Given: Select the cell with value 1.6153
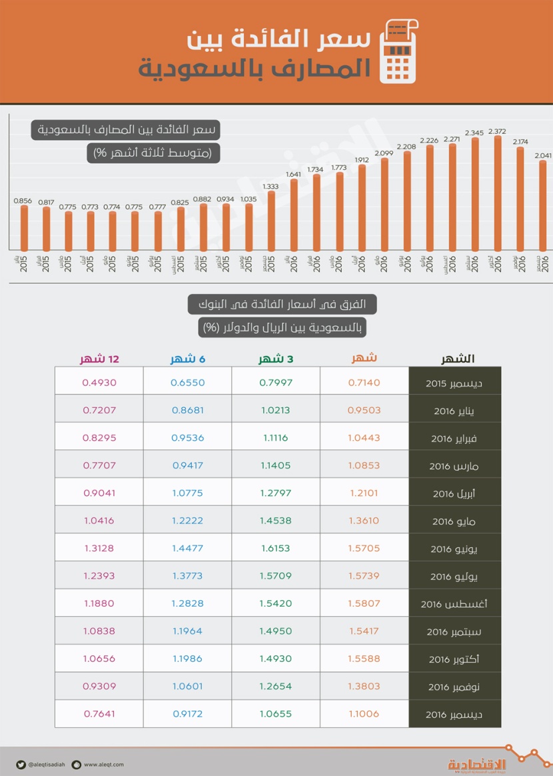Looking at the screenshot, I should [276, 549].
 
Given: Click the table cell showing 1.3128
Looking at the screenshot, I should [99, 549].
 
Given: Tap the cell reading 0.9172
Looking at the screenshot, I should [187, 713].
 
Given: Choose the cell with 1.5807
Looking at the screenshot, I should [364, 604].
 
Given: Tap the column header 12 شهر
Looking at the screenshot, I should [99, 359].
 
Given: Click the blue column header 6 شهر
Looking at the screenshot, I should [187, 359].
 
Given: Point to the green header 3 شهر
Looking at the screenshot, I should [276, 359].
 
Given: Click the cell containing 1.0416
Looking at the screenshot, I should [99, 521].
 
